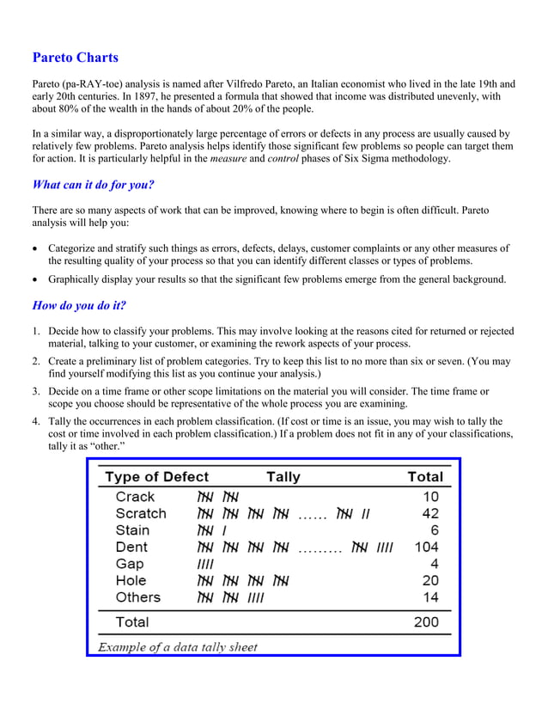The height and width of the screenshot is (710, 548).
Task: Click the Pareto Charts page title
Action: click(x=76, y=58)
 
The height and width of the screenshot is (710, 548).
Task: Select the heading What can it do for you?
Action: click(x=93, y=185)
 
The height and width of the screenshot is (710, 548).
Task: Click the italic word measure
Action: click(x=228, y=159)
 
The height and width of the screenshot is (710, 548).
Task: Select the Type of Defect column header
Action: click(x=156, y=476)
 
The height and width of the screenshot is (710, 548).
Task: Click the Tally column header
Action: click(x=283, y=476)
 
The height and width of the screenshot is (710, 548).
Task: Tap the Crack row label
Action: click(x=135, y=497)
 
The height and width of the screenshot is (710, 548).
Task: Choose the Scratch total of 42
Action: click(x=430, y=514)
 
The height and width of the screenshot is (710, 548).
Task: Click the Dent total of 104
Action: click(x=426, y=548)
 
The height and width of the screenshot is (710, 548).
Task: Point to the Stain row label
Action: click(x=133, y=530)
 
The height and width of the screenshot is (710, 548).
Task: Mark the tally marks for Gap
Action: click(x=206, y=564)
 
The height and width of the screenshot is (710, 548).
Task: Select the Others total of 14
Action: click(x=430, y=597)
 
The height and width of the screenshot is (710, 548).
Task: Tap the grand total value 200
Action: click(x=426, y=621)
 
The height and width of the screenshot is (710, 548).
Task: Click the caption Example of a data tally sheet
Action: click(x=177, y=646)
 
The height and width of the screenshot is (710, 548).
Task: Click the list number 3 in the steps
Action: click(x=36, y=392)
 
